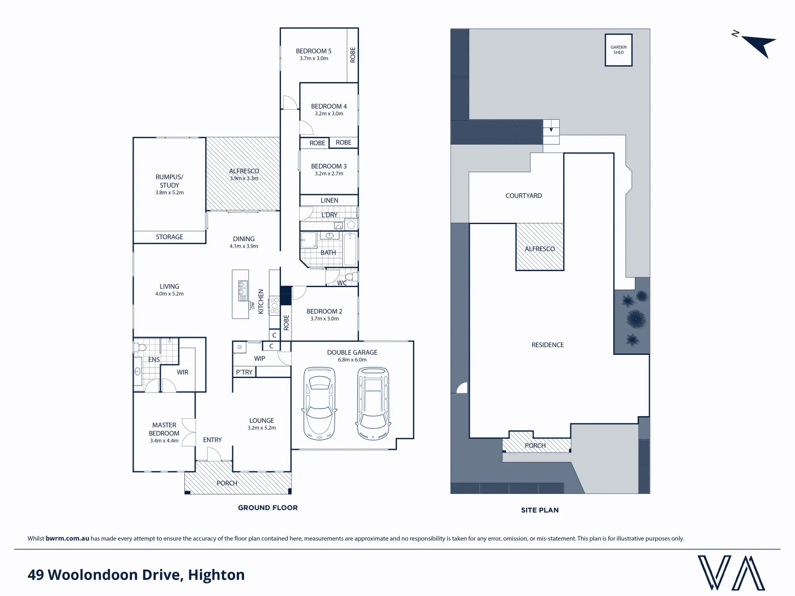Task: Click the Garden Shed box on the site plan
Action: tap(618, 50)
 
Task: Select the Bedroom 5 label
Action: tap(314, 51)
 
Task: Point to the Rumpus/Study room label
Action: tap(169, 181)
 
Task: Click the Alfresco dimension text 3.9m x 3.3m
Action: tap(244, 179)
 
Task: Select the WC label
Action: tap(342, 283)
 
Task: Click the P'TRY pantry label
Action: tap(244, 372)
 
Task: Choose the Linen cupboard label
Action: tap(330, 200)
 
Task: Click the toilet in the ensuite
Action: tap(140, 348)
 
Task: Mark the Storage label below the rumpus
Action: tap(169, 237)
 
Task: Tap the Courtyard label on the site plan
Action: tap(523, 196)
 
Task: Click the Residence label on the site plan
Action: tap(548, 345)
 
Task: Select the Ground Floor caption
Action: tap(268, 508)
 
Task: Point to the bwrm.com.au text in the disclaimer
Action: tap(67, 539)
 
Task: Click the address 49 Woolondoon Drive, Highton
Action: tap(136, 575)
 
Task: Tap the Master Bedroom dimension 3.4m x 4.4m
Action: tap(164, 441)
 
